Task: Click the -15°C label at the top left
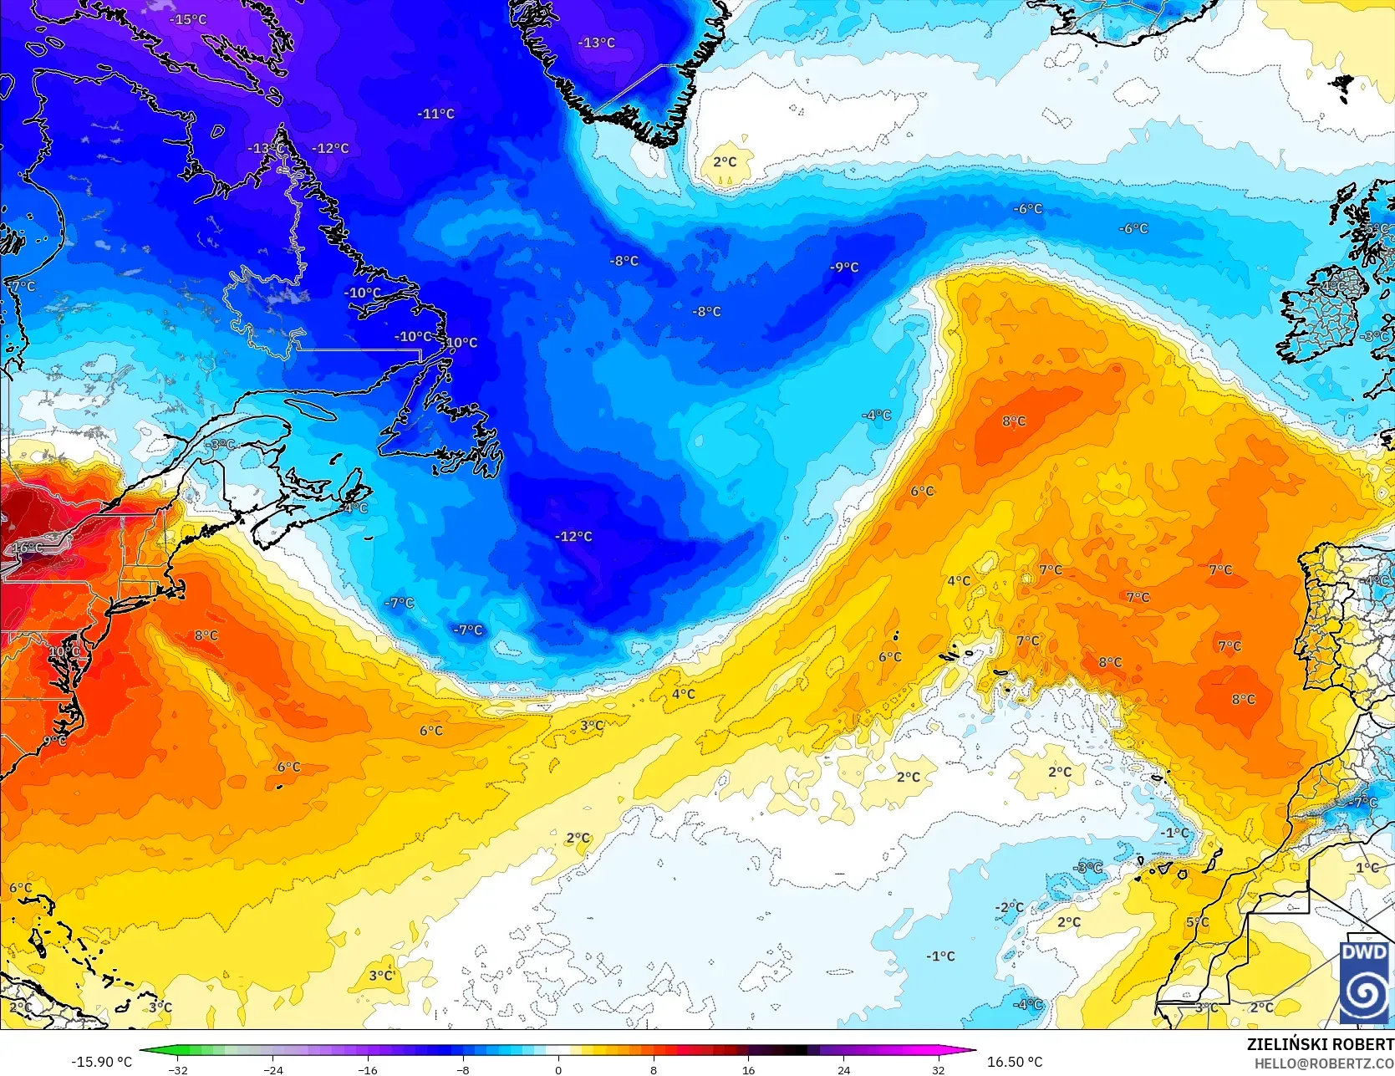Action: (188, 19)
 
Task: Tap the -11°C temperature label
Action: (436, 114)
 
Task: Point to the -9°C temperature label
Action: (844, 268)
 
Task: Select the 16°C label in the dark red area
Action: (27, 548)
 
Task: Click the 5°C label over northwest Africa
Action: (1197, 922)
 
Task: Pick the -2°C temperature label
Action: (1010, 907)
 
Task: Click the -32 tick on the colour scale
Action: (178, 1069)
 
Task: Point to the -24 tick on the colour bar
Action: (273, 1069)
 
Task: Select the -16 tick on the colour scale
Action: (368, 1069)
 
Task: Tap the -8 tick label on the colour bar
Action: (463, 1069)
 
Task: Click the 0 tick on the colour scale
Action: (558, 1069)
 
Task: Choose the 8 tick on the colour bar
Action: (654, 1069)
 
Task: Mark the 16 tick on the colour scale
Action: (748, 1069)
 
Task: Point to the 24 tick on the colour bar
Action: (843, 1069)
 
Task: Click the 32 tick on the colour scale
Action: (939, 1069)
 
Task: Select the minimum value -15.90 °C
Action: (101, 1062)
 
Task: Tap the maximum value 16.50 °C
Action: (1015, 1062)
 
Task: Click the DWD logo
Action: (1364, 982)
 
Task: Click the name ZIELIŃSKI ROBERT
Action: (1320, 1044)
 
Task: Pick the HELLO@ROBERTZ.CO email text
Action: (1323, 1063)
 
